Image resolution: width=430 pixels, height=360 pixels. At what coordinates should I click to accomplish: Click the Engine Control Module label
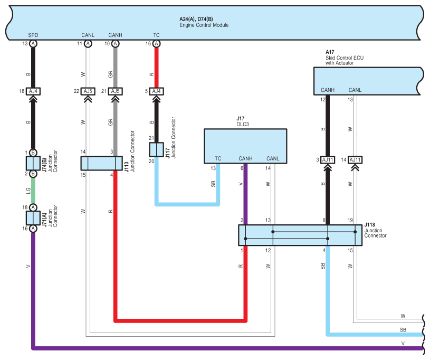204,25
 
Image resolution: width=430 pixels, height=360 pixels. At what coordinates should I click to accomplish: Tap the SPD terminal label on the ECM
33,35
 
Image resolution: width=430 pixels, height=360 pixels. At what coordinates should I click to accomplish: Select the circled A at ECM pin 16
156,44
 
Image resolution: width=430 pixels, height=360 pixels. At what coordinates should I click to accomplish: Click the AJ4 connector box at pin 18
33,91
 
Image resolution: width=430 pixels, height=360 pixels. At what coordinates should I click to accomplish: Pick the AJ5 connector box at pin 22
88,91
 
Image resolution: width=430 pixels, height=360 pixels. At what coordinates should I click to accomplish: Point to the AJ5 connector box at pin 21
115,91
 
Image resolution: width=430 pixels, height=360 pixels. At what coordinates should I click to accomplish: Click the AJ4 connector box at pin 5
156,91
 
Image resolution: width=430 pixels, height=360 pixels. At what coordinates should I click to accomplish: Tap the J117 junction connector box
156,149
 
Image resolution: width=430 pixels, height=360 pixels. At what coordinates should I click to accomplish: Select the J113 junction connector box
101,163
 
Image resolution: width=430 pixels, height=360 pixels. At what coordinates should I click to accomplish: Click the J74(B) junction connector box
33,163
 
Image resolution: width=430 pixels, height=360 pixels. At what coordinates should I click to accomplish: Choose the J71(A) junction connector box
33,218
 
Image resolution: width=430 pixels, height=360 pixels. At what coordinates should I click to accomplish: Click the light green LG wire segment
33,191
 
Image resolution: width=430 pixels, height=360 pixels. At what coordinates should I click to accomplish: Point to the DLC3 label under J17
243,124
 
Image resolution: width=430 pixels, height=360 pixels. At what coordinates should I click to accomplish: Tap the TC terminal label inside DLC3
218,158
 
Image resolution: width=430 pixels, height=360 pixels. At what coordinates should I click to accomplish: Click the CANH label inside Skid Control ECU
328,90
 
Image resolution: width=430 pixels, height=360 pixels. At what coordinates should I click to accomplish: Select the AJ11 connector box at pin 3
328,160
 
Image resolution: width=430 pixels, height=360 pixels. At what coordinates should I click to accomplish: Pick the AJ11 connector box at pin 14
355,160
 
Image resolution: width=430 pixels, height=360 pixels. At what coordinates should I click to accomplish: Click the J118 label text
370,225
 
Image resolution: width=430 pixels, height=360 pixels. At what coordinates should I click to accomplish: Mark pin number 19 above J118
350,220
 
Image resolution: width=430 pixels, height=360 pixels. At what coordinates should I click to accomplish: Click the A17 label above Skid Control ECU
330,52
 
